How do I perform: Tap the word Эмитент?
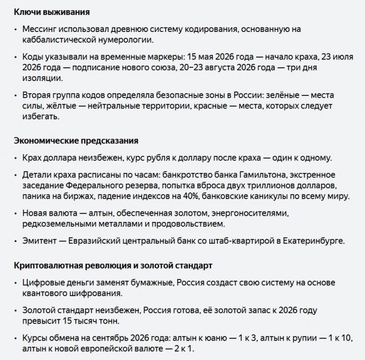42,241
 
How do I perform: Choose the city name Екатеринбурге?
314,241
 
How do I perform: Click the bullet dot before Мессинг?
16,29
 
